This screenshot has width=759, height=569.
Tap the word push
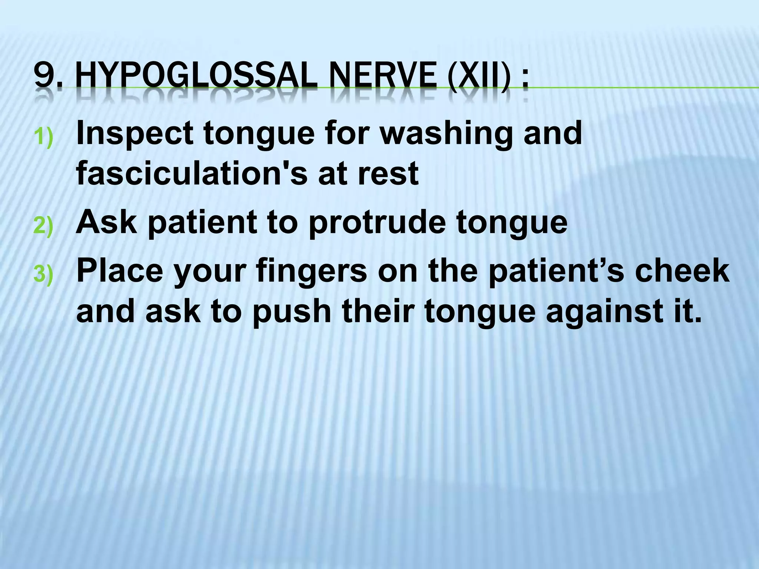pos(291,312)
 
